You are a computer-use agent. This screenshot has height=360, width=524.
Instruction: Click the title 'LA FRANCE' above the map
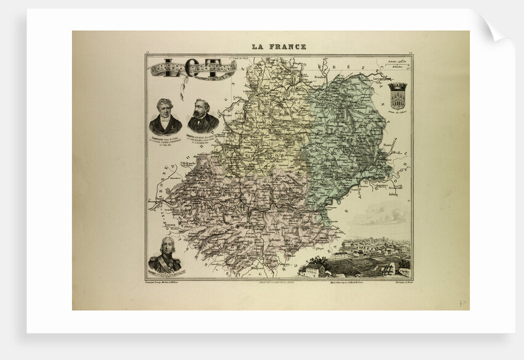278,46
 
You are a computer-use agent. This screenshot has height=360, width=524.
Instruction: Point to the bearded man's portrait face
203,108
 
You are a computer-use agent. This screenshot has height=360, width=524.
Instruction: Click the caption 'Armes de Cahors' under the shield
398,112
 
